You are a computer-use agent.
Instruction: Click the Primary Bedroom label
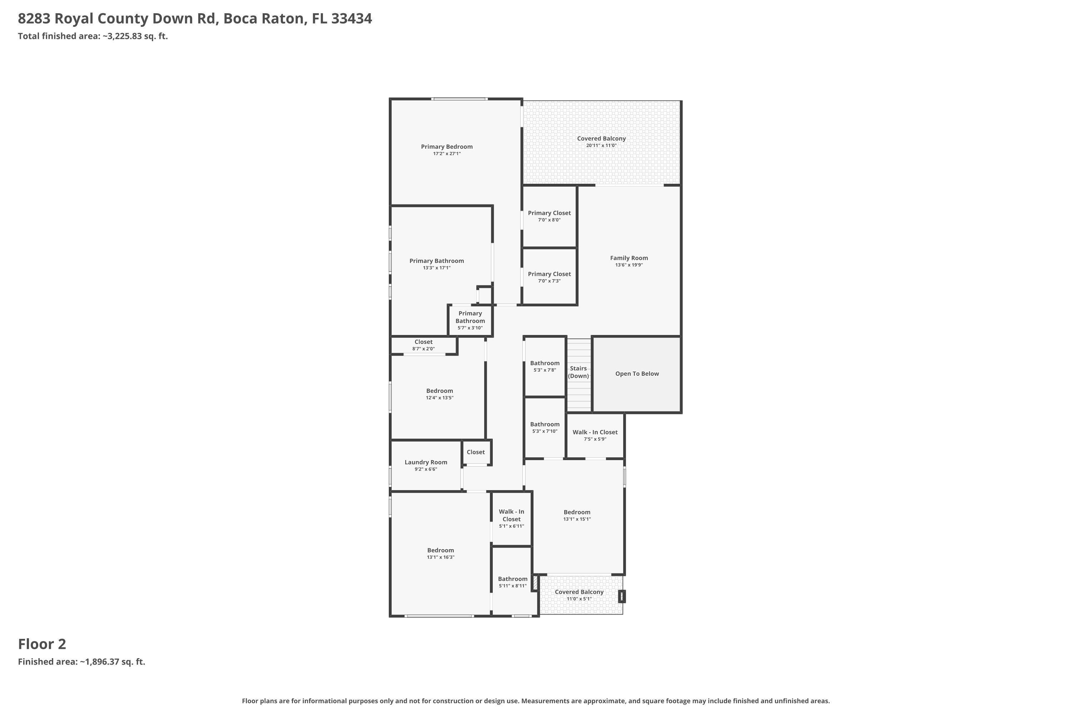[x=446, y=146]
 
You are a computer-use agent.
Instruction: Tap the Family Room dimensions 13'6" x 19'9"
[x=629, y=265]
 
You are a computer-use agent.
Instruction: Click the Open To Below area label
[x=637, y=374]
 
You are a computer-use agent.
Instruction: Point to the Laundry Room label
[x=426, y=462]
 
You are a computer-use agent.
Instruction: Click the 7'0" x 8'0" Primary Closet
[x=549, y=216]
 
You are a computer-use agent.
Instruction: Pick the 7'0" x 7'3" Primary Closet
[x=549, y=277]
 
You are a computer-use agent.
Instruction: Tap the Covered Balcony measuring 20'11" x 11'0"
[x=601, y=141]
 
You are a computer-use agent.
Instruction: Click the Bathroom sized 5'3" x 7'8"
[x=545, y=366]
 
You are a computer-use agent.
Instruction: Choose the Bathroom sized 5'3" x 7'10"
[x=545, y=427]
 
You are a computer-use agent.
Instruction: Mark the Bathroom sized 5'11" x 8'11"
[x=512, y=582]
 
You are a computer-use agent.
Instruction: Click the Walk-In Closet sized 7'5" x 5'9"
[x=595, y=435]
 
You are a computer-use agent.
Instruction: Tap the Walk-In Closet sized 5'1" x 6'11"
[x=511, y=518]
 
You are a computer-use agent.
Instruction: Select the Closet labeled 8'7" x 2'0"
[x=423, y=345]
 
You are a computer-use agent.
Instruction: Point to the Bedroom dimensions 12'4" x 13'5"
[x=440, y=398]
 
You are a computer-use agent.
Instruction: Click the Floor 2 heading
[x=42, y=644]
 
